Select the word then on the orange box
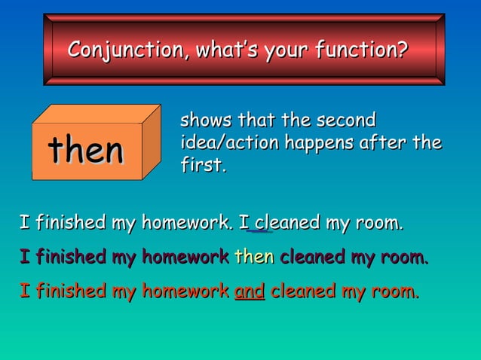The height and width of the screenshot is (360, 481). tap(85, 150)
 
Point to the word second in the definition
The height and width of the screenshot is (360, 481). tap(346, 120)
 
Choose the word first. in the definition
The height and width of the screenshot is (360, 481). tap(203, 165)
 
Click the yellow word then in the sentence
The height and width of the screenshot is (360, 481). tap(253, 258)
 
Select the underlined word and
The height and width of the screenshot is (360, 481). tap(249, 291)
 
